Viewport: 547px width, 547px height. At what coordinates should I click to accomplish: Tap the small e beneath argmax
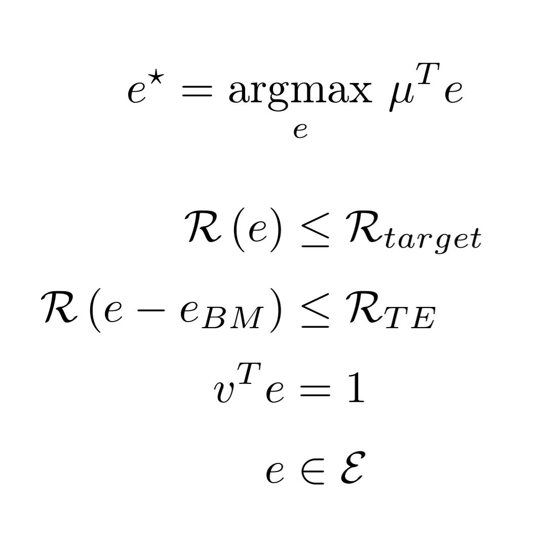click(x=300, y=131)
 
